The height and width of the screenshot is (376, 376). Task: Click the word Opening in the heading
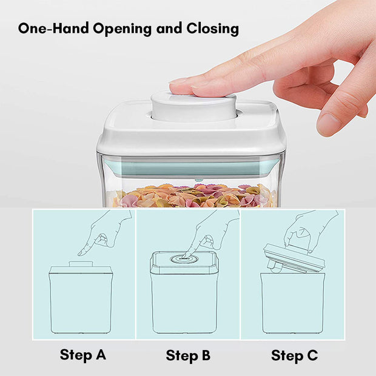(123, 29)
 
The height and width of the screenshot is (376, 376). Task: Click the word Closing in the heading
(212, 29)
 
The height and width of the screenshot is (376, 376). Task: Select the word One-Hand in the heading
(53, 28)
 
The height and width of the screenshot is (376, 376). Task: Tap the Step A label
(83, 355)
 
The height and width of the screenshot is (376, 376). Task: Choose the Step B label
(188, 355)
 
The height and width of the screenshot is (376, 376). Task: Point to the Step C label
(295, 355)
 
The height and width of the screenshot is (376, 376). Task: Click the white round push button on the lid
(193, 107)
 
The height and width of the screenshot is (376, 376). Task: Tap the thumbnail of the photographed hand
(329, 123)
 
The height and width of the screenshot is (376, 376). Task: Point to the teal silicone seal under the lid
(191, 168)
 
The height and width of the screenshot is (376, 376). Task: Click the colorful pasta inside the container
(192, 195)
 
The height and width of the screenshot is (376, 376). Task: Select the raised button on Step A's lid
(81, 264)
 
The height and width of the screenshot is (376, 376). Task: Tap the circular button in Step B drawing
(184, 259)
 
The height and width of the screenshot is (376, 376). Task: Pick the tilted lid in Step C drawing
(294, 258)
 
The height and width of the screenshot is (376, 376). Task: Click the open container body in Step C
(292, 303)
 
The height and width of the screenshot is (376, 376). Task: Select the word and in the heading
(169, 29)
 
